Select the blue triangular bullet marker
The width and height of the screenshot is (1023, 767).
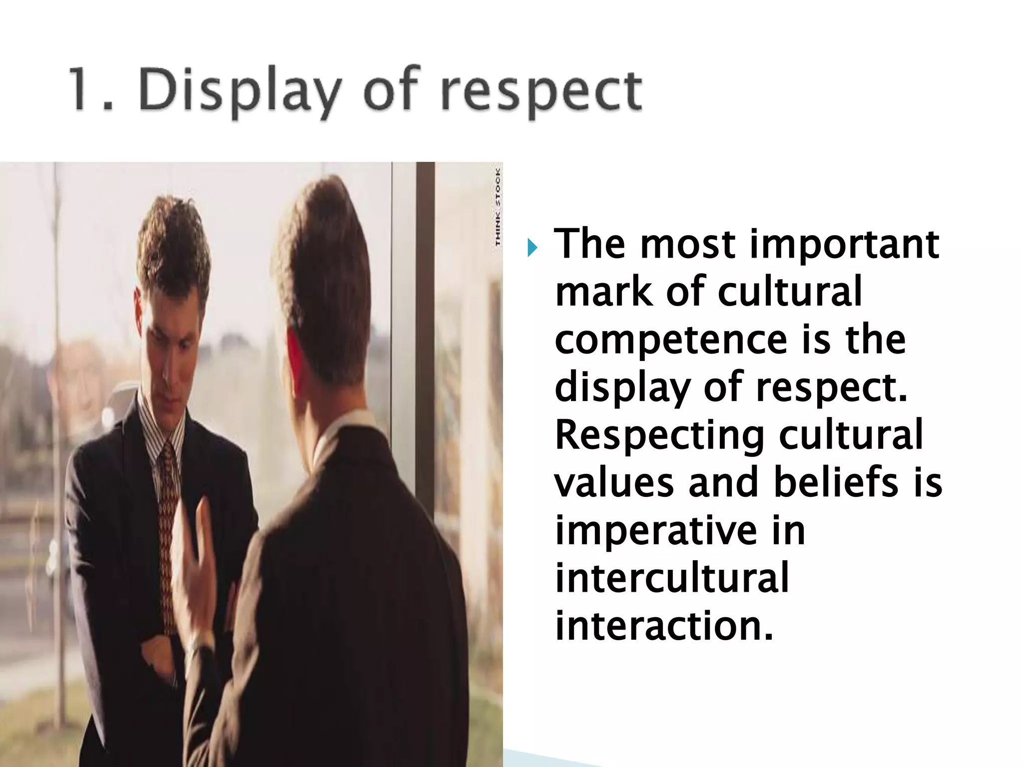tap(532, 246)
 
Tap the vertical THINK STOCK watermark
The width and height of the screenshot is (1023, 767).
tap(498, 207)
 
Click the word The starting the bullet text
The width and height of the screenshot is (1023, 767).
tap(590, 245)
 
